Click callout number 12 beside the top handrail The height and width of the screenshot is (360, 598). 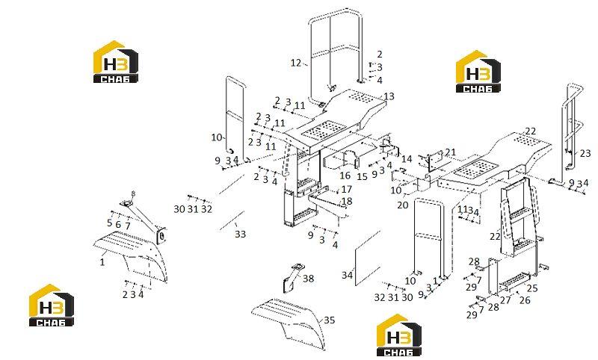coord(295,63)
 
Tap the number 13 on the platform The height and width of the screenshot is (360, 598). coord(389,96)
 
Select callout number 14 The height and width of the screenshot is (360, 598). coord(407,158)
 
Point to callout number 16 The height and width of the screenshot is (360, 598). coord(345,176)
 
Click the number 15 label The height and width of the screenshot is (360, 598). coord(362,177)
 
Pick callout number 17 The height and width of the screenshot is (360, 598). coord(347,189)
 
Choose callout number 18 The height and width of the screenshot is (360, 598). coord(347,201)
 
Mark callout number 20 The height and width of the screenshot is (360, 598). coord(403,205)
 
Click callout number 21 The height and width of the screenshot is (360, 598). coord(451,152)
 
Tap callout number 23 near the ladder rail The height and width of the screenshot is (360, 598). coord(585,154)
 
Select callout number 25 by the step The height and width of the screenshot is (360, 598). coord(532,288)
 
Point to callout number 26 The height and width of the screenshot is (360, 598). coord(525,300)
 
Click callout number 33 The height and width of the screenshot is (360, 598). coord(240,235)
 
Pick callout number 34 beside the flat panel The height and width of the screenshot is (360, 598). coord(347,275)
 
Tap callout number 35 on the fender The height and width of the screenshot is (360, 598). coord(329,320)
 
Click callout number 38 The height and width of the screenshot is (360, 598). coord(308,279)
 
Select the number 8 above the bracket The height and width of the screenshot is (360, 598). coord(133,193)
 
